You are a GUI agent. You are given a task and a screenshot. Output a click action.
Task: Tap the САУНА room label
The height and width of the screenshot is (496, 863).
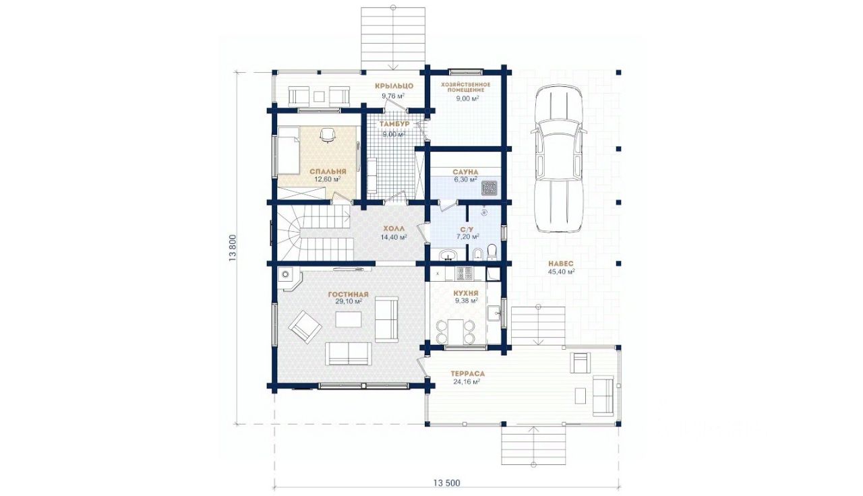pyautogui.click(x=465, y=172)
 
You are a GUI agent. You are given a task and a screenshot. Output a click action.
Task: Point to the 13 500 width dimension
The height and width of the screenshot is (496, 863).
pyautogui.click(x=446, y=483)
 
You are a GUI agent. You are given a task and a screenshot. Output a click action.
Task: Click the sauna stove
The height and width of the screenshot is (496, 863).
pyautogui.click(x=489, y=188)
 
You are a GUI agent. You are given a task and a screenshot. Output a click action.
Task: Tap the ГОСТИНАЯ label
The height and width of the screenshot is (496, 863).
pyautogui.click(x=349, y=294)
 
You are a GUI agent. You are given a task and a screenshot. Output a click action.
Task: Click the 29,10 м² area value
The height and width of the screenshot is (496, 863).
pyautogui.click(x=349, y=301)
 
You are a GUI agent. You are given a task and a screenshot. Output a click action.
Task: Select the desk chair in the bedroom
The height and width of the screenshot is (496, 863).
pyautogui.click(x=327, y=135)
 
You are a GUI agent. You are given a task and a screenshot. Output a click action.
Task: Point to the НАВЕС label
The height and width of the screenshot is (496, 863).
pyautogui.click(x=560, y=263)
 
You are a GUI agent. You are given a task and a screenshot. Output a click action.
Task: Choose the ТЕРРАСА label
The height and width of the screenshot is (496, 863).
pyautogui.click(x=467, y=374)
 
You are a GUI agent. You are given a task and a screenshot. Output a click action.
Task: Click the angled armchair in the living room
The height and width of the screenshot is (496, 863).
pyautogui.click(x=305, y=328)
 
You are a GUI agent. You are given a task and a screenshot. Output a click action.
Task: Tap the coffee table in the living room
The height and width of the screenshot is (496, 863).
pyautogui.click(x=349, y=319)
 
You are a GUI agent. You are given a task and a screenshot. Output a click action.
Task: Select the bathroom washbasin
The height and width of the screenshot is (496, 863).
pyautogui.click(x=448, y=255)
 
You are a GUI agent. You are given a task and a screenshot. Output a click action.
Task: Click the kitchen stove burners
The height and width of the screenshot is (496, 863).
pyautogui.click(x=465, y=274)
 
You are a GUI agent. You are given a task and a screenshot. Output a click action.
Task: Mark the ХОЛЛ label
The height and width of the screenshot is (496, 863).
pyautogui.click(x=394, y=228)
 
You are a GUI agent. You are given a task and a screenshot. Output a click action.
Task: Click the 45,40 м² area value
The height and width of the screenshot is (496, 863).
pyautogui.click(x=561, y=272)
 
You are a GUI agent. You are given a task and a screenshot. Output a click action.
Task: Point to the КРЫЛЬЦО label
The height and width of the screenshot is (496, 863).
pyautogui.click(x=394, y=86)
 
